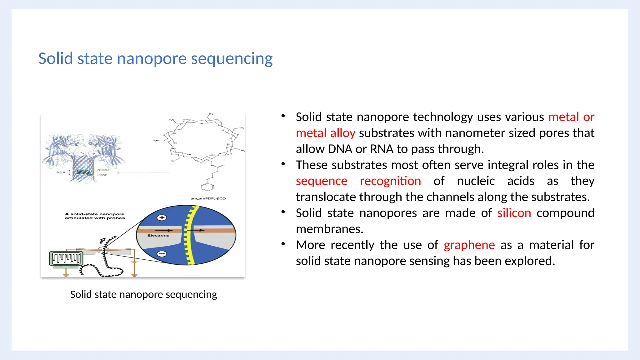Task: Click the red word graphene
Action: coord(469,245)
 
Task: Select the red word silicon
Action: coord(514,213)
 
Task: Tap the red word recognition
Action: coord(390,181)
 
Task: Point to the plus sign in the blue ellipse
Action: coord(162,218)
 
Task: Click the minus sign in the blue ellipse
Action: coord(162,254)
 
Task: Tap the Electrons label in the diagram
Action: coord(158,235)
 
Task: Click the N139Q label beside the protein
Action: coord(103,170)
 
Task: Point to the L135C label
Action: coord(102,175)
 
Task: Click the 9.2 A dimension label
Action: coord(61,172)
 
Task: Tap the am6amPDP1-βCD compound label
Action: coord(208,198)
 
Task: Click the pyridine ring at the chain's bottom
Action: coord(207,187)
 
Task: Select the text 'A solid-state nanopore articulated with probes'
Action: coord(95,216)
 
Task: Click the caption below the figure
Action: coord(143,294)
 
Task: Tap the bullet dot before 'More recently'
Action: coord(283,244)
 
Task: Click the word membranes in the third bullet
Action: coord(329,229)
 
